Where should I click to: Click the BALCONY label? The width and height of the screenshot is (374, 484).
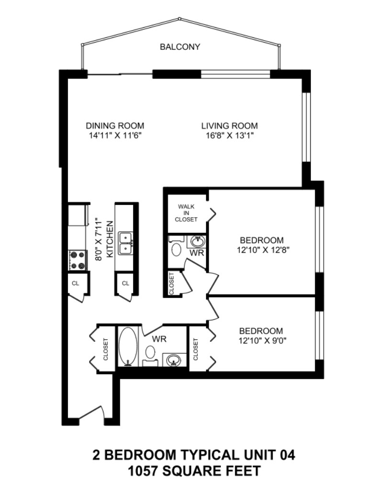click(180, 47)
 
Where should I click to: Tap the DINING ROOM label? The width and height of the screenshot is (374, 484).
click(115, 126)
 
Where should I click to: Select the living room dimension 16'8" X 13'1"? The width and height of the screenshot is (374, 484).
click(229, 136)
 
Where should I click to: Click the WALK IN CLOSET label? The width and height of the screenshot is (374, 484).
click(186, 213)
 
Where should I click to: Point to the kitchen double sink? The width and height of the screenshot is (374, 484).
click(126, 244)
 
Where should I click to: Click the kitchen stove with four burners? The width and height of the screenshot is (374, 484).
click(77, 260)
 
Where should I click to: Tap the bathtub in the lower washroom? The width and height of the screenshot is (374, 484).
click(127, 346)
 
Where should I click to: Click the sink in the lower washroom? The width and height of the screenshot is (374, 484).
click(173, 360)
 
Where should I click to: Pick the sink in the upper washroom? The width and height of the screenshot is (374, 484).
click(197, 241)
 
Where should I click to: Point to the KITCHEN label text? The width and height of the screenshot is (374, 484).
click(110, 239)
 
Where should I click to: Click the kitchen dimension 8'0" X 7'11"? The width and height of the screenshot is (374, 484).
click(98, 240)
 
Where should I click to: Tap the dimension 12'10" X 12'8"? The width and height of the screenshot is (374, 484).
click(262, 250)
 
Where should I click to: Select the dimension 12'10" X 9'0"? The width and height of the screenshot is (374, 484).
click(261, 341)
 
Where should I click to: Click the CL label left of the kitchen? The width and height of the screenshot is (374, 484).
click(75, 283)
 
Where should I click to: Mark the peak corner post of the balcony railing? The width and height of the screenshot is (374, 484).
click(180, 19)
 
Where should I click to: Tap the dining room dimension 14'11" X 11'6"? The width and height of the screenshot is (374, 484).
click(115, 136)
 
